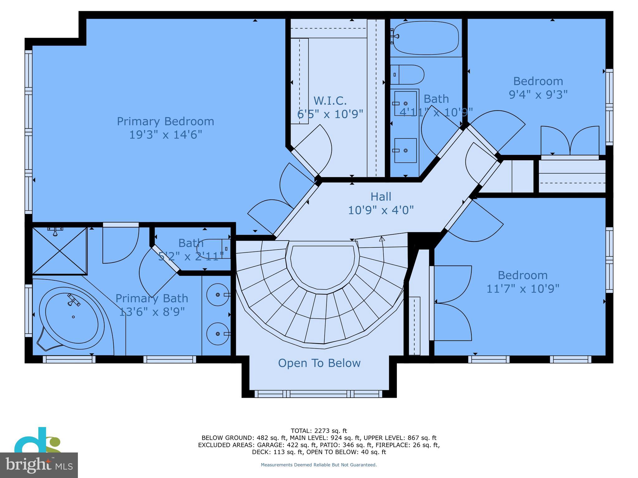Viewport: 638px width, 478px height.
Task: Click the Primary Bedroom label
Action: pyautogui.click(x=165, y=121)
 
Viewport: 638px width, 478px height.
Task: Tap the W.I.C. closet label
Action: pyautogui.click(x=330, y=101)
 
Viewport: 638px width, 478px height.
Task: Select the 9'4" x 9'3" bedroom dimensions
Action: pyautogui.click(x=538, y=94)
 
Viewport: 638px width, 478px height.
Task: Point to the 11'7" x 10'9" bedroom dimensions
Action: pyautogui.click(x=523, y=289)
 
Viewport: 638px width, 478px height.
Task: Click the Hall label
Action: pyautogui.click(x=381, y=197)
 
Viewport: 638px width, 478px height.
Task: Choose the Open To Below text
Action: pyautogui.click(x=319, y=363)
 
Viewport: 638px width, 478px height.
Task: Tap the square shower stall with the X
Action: pyautogui.click(x=60, y=251)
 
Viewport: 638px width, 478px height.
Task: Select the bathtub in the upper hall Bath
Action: pyautogui.click(x=426, y=38)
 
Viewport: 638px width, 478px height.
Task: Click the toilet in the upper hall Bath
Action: pyautogui.click(x=408, y=75)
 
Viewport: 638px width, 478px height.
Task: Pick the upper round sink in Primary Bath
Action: pyautogui.click(x=218, y=294)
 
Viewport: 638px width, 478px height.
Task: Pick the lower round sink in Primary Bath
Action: pyautogui.click(x=218, y=334)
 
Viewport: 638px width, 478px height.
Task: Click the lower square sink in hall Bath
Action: pyautogui.click(x=405, y=151)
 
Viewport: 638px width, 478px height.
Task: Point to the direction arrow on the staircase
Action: pyautogui.click(x=382, y=239)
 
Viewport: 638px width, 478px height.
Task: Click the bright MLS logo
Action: pyautogui.click(x=39, y=465)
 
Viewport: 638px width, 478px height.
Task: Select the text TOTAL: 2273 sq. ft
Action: pyautogui.click(x=319, y=431)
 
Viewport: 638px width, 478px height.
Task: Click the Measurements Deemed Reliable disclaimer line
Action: pyautogui.click(x=319, y=465)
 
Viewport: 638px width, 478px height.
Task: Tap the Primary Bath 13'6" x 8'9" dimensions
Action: pyautogui.click(x=152, y=312)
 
